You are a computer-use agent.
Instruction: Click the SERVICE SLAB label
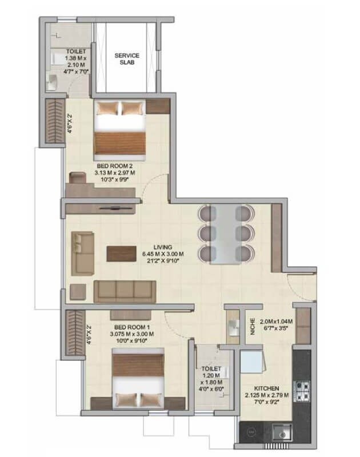123,59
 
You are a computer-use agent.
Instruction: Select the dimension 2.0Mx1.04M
275,322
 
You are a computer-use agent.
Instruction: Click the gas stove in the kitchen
302,391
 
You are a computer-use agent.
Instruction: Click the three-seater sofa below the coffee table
124,291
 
